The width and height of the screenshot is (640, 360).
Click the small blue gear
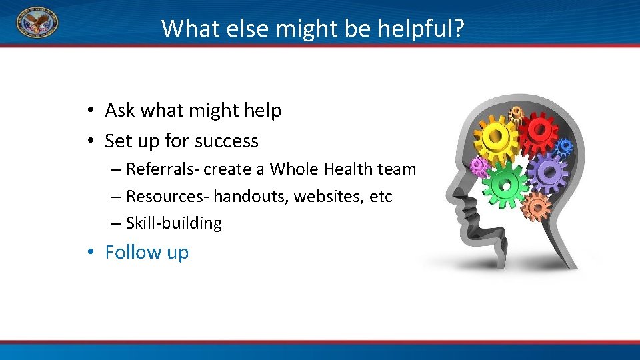point(564,147)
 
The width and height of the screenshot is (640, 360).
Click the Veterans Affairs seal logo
point(37,23)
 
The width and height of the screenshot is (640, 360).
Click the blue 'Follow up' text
point(147,253)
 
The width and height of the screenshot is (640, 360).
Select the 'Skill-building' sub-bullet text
point(173,223)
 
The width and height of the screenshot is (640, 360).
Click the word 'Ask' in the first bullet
point(119,110)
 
